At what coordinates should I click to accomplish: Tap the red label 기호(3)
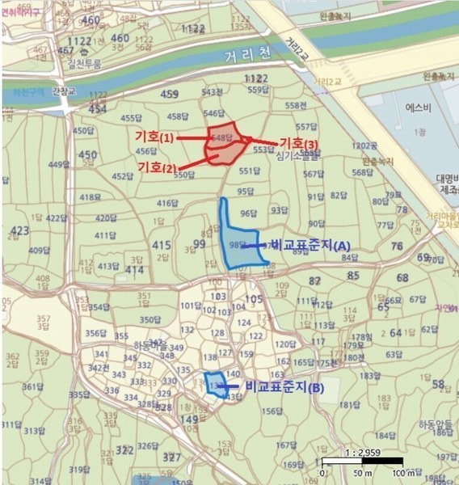coord(299,143)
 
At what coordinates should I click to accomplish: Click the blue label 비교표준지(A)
coord(310,243)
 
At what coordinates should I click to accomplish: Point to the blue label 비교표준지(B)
coord(284,388)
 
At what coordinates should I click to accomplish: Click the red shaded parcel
coord(224,145)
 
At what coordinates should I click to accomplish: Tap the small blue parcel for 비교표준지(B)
coord(215,384)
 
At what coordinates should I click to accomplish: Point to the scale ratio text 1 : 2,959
coord(363,451)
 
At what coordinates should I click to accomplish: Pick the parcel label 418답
coord(91,197)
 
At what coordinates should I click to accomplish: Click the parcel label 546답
coord(213,113)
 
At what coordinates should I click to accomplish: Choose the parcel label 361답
coord(33,386)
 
